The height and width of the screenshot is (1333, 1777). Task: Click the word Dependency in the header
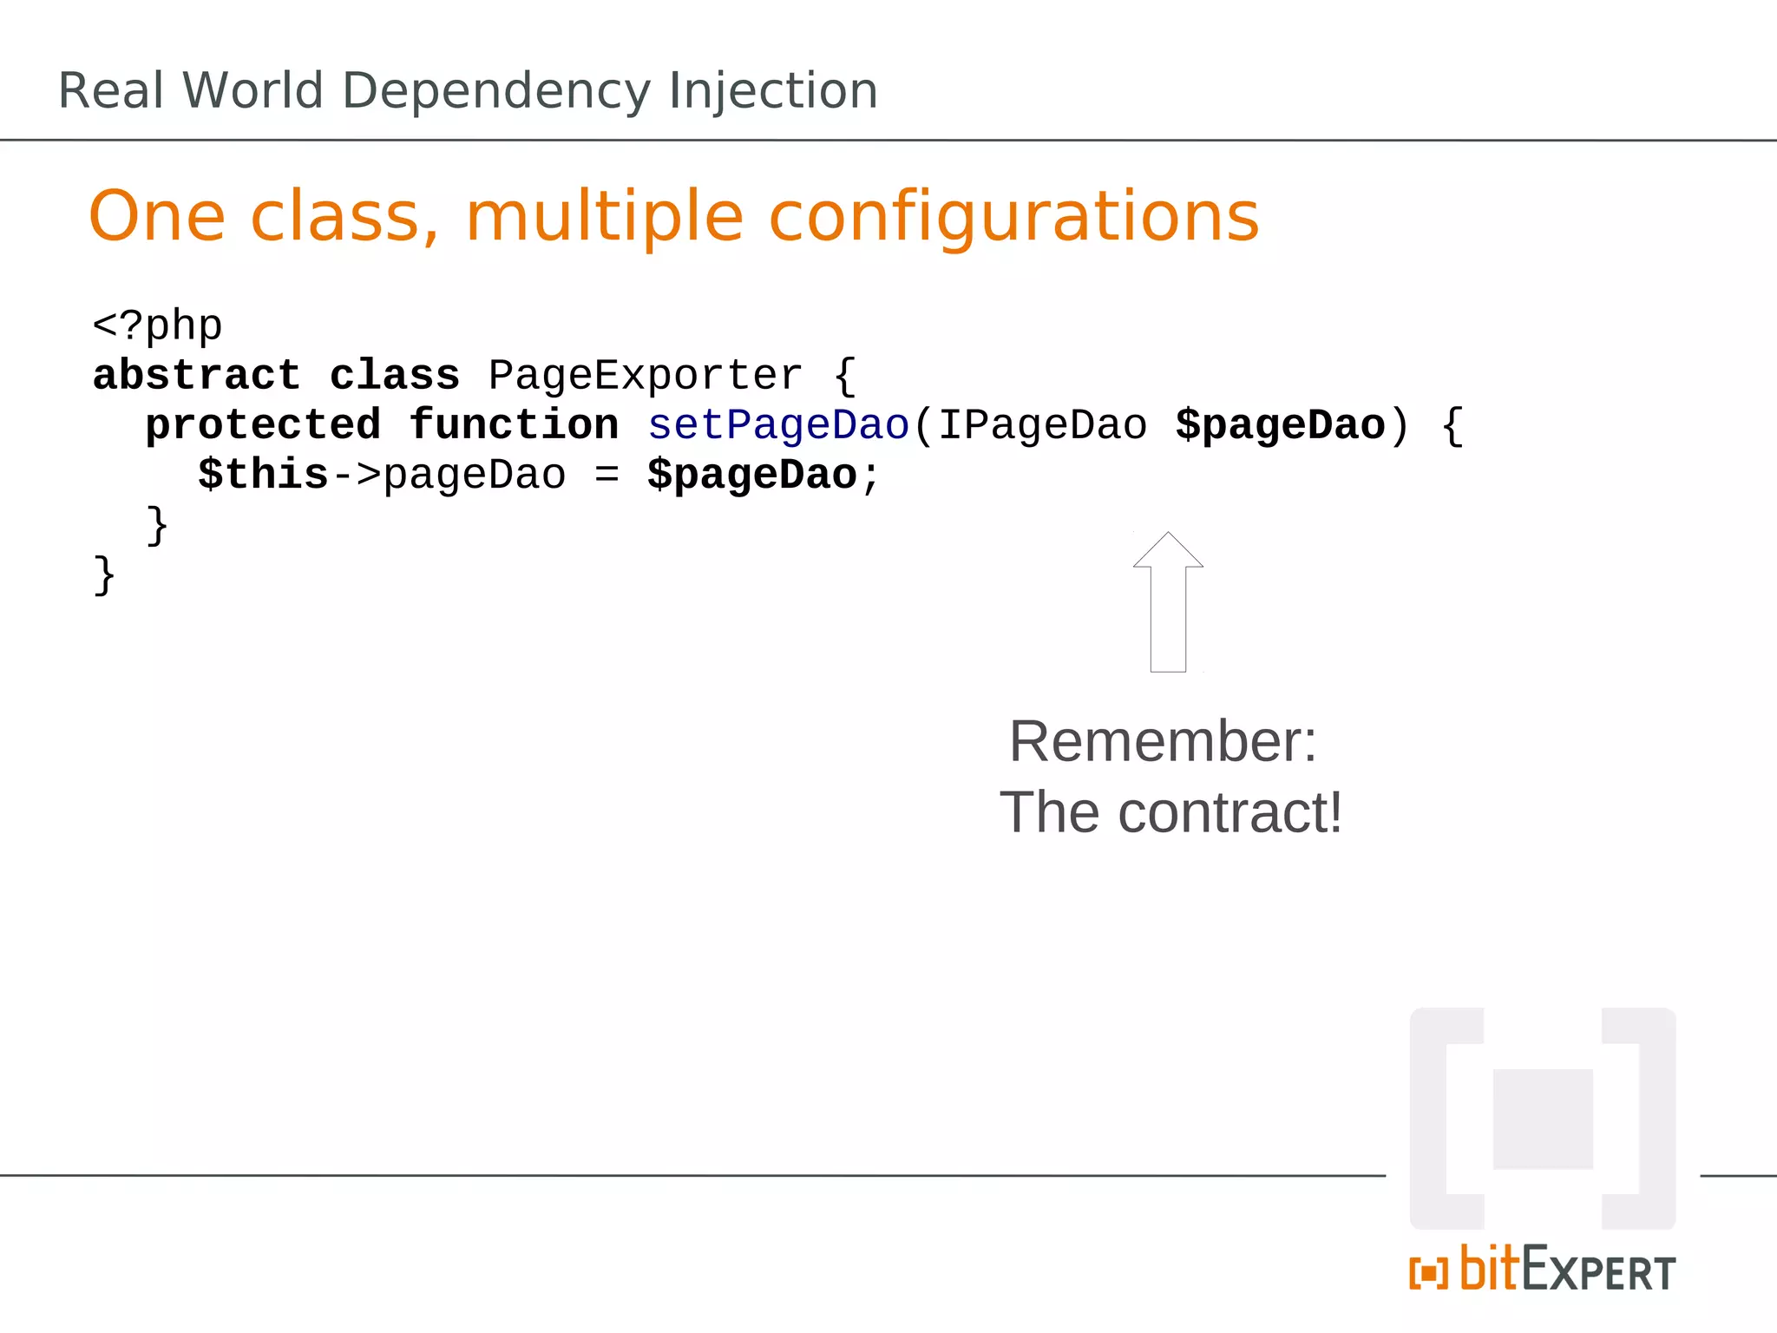tap(495, 91)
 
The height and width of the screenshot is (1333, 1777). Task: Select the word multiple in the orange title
tap(605, 217)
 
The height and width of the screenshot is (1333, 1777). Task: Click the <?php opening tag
tap(157, 326)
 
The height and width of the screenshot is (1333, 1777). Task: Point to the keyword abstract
tap(196, 376)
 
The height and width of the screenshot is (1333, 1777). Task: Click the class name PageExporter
tap(645, 376)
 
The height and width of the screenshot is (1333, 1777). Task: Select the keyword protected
tap(263, 425)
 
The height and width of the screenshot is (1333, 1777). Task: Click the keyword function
tap(514, 425)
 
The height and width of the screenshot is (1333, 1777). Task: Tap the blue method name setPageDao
tap(778, 425)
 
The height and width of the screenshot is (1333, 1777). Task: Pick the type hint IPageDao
tap(1042, 425)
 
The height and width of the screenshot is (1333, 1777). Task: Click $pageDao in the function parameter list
tap(1280, 425)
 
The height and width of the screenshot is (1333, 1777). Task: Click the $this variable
tap(263, 475)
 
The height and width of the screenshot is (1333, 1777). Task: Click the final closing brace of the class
tap(104, 575)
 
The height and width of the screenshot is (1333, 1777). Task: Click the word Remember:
tap(1163, 742)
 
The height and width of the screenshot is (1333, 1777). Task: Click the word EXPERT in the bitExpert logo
tap(1598, 1272)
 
